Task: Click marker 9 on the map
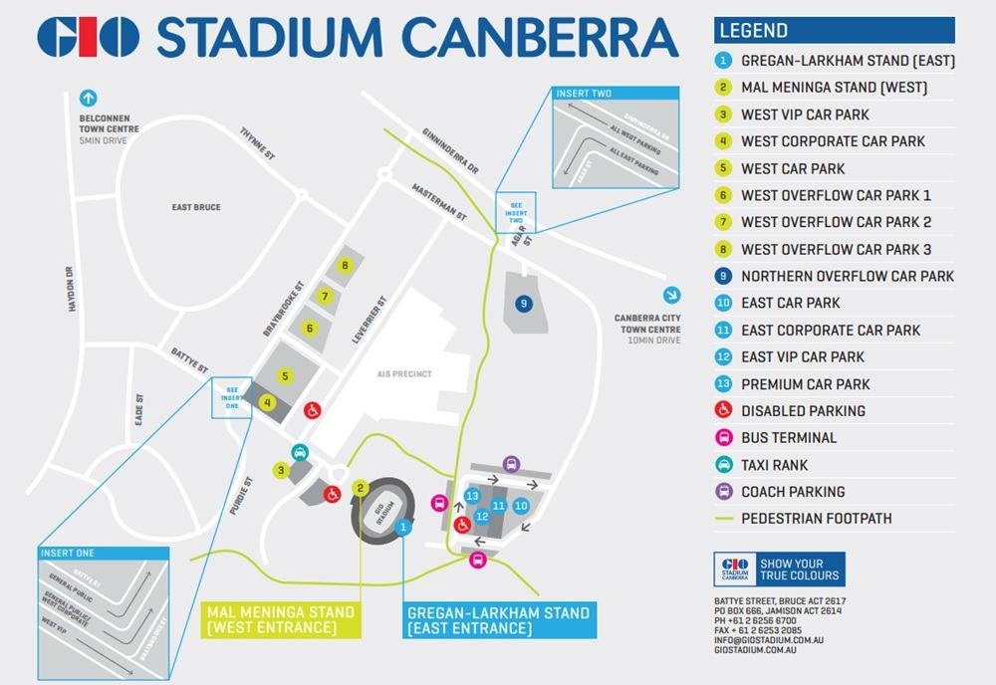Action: [523, 303]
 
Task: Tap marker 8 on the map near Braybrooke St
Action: [345, 266]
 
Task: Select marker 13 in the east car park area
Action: [472, 496]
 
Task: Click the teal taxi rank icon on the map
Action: [299, 453]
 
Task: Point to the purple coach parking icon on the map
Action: [511, 464]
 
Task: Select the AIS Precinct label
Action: [403, 374]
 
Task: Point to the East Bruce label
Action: [195, 207]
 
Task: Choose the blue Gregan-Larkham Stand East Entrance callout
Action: [498, 620]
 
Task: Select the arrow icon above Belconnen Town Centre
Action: [88, 99]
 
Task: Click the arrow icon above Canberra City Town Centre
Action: [672, 295]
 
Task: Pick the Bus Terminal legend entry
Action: [788, 438]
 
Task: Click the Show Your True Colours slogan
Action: [799, 570]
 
